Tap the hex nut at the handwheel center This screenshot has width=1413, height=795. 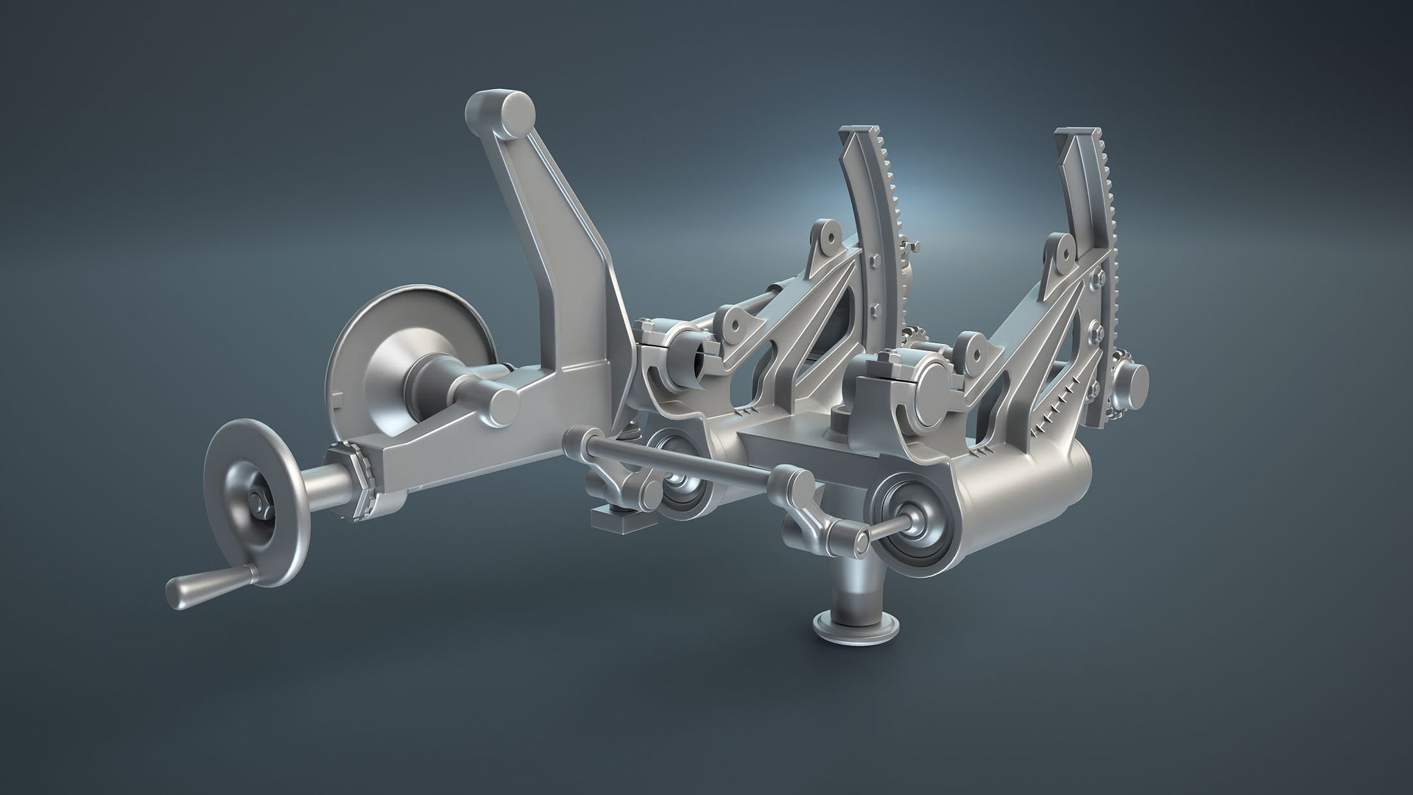tap(261, 502)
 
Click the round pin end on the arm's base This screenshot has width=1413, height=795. tap(505, 403)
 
